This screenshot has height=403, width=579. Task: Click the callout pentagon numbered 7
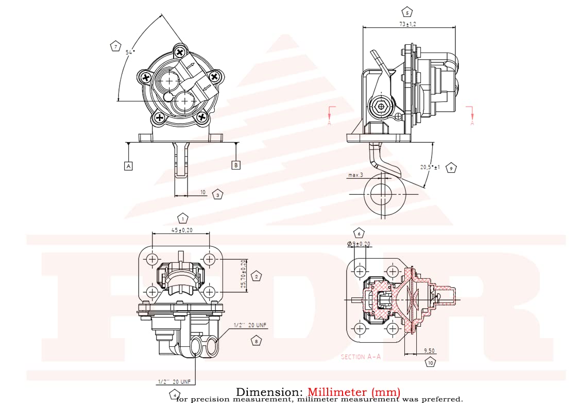(115, 47)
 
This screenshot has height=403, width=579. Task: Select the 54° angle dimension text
(130, 53)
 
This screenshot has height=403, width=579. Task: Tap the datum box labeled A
(128, 165)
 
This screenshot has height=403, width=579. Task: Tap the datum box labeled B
(235, 165)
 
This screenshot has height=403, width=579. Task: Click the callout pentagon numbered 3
(218, 195)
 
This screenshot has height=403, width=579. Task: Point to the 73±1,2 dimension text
(407, 24)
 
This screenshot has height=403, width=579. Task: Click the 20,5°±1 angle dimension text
(430, 167)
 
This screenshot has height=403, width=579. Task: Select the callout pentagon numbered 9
(451, 168)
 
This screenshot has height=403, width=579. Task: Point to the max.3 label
(355, 175)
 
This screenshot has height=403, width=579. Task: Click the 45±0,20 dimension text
(181, 230)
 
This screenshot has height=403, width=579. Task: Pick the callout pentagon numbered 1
(182, 218)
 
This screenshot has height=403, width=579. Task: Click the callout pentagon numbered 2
(256, 276)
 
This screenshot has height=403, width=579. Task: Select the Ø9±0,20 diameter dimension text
(359, 244)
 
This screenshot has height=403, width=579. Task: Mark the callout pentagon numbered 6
(359, 233)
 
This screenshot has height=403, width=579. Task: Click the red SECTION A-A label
(361, 357)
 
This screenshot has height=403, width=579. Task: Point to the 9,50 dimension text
(430, 350)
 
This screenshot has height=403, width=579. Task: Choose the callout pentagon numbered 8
(256, 341)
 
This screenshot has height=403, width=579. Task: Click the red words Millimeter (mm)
(354, 393)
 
